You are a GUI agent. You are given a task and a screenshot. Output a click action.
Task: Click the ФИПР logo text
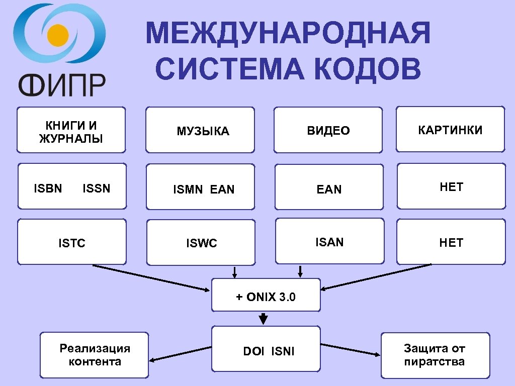[x=62, y=84]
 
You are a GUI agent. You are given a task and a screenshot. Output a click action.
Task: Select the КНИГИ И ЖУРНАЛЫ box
[x=71, y=130]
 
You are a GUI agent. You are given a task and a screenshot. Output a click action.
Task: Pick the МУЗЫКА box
[x=200, y=130]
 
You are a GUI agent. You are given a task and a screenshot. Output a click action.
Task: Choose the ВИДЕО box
[x=328, y=130]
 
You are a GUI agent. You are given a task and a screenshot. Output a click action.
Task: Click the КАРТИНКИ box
[x=450, y=129]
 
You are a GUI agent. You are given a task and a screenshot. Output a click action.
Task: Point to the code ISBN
[x=48, y=188]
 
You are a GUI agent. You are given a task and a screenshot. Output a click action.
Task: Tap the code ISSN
[x=96, y=188]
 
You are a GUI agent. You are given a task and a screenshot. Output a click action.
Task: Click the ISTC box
[x=71, y=242]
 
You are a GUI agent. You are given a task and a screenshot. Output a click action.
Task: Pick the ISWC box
[x=201, y=242]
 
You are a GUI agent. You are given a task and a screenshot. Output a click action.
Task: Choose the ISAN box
[x=329, y=241]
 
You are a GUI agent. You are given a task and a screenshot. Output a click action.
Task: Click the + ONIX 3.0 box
[x=266, y=295]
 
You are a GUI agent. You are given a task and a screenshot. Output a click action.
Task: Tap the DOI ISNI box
[x=266, y=350]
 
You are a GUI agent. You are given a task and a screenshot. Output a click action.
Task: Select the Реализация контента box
[x=95, y=355]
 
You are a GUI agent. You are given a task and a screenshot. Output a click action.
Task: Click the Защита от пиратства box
[x=435, y=355]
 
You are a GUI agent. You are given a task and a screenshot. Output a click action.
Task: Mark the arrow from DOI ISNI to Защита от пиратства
[x=351, y=350]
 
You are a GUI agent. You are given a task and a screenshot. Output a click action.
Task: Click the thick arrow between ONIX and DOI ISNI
[x=263, y=319]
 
